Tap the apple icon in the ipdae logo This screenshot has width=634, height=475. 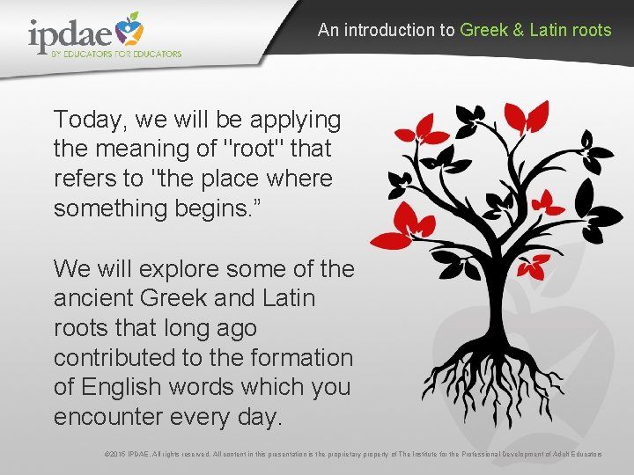point(129,28)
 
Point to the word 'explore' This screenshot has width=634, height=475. point(180,268)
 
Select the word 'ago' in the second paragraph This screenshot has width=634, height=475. point(233,328)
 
